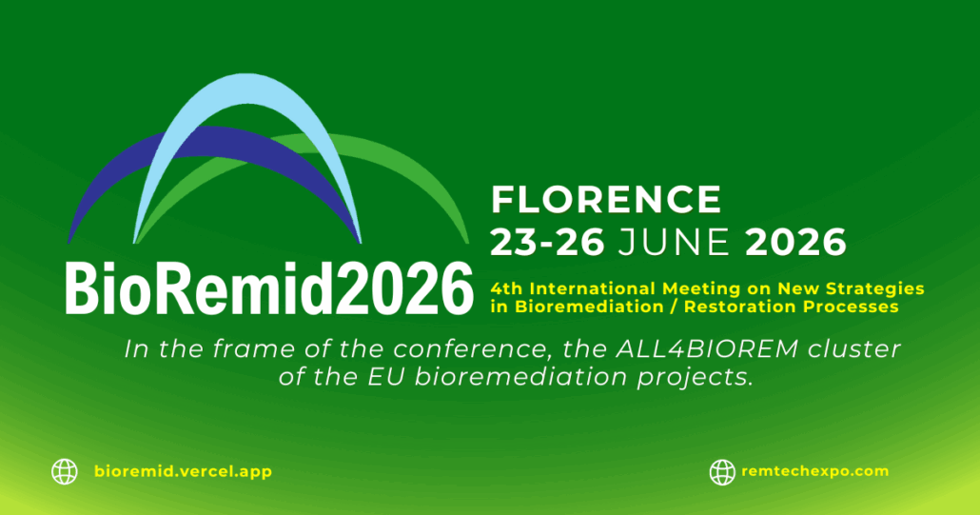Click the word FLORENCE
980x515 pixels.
(606, 199)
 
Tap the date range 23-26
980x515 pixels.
(547, 242)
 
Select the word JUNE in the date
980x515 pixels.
(674, 242)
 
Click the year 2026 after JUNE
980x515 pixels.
(795, 242)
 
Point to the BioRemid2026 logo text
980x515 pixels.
(268, 288)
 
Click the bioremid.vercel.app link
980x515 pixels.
(183, 471)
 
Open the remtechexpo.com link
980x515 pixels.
(815, 471)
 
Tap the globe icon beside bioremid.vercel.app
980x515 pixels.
(65, 472)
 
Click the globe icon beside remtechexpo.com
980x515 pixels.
(722, 472)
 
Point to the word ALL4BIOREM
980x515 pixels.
(707, 348)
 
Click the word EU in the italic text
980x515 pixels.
(392, 377)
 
